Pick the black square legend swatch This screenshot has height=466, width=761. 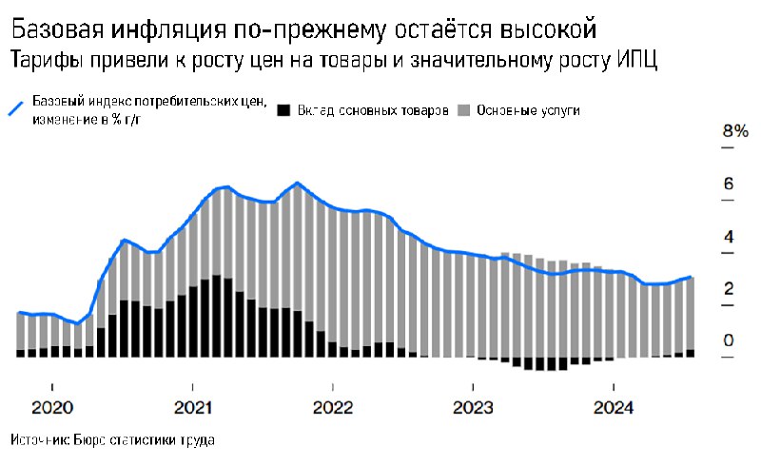(283, 110)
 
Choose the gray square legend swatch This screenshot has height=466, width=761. (465, 110)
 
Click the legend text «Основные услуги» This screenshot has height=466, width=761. (529, 110)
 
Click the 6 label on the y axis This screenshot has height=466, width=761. (729, 184)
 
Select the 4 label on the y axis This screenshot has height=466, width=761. (729, 236)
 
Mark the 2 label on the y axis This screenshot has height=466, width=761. (729, 288)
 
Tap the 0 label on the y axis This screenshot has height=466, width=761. (729, 340)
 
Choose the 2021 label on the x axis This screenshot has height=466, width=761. (192, 407)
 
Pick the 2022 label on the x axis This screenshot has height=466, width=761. (333, 407)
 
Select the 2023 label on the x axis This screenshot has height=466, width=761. (473, 407)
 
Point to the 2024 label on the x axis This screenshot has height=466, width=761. (614, 407)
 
